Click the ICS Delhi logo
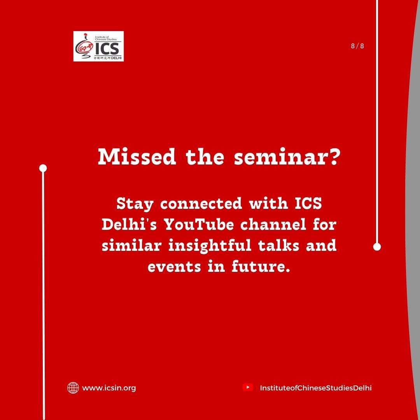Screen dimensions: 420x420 98,46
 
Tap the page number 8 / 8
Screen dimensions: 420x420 357,46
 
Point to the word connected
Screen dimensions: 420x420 202,203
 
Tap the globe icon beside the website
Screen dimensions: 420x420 73,388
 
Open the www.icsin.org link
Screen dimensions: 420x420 109,388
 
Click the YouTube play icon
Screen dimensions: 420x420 247,387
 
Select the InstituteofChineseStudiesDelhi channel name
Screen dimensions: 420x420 316,388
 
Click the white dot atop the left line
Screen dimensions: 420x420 43,168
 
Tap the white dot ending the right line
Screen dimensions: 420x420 377,247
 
